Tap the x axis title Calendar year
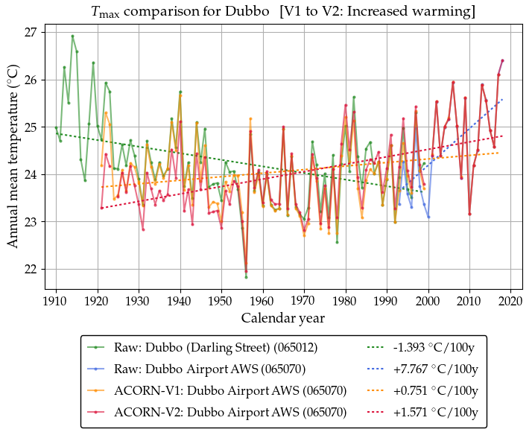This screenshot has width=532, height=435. click(282, 318)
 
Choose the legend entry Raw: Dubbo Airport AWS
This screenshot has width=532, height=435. click(209, 369)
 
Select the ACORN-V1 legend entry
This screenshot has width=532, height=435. click(230, 390)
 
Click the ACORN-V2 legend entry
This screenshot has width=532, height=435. click(230, 411)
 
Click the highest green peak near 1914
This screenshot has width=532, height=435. click(72, 36)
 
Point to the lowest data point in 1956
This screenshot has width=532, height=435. click(246, 277)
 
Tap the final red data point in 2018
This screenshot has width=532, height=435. click(502, 60)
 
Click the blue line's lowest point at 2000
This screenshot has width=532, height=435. click(428, 217)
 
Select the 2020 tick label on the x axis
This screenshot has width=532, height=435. click(510, 301)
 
